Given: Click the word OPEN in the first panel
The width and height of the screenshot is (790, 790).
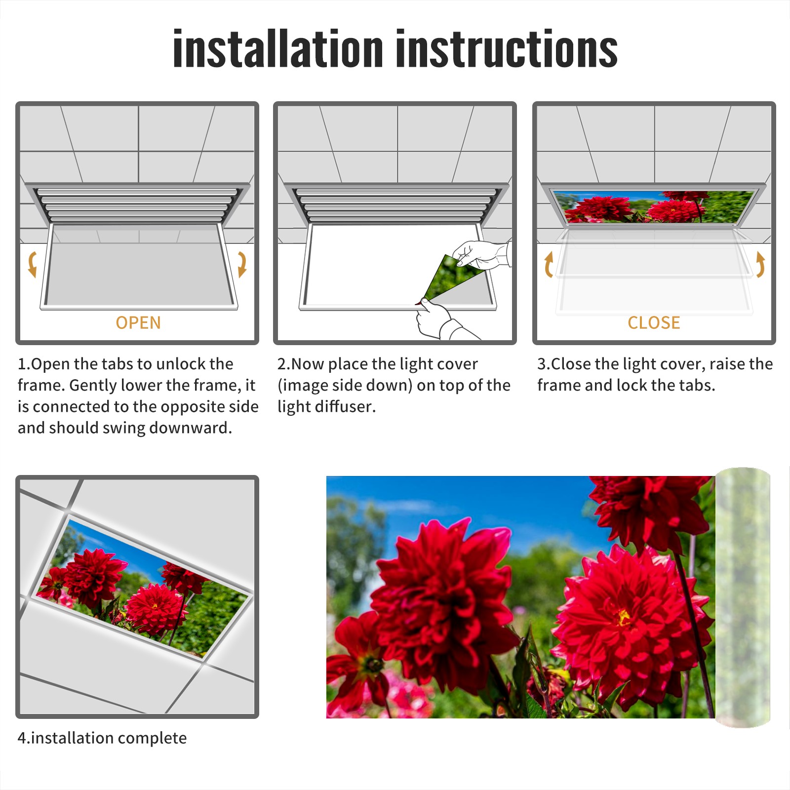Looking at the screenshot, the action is click(x=138, y=322).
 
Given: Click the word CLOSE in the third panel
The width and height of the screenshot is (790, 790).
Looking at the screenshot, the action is click(x=654, y=322).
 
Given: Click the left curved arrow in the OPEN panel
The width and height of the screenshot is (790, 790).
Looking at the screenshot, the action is click(x=32, y=264).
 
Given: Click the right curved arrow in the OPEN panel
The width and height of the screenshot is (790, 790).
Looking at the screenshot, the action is click(x=242, y=264).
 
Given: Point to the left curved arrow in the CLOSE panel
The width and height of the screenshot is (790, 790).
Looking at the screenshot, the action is click(x=548, y=264).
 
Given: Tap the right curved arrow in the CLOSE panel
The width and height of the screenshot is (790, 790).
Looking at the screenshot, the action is click(x=760, y=264).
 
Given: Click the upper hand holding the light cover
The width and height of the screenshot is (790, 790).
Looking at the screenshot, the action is click(x=481, y=254).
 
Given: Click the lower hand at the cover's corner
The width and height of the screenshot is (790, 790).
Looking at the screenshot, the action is click(x=437, y=320).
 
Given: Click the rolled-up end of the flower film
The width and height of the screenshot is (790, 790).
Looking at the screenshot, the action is click(x=743, y=597).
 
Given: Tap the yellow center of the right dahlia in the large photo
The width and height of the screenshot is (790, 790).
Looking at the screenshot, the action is click(x=624, y=617).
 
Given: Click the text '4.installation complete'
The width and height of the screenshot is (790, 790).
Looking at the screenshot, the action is click(x=102, y=738).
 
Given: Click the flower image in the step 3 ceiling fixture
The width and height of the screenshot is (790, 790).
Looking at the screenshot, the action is click(x=654, y=206).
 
